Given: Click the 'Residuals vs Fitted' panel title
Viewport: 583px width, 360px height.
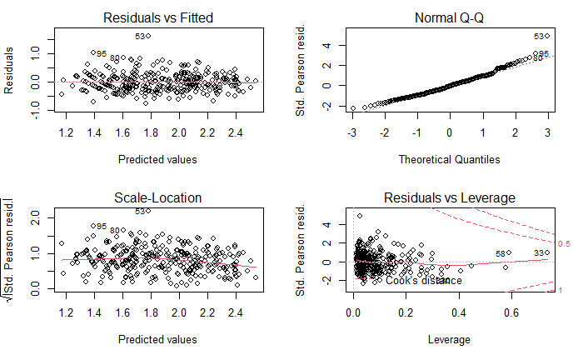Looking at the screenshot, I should point(157,17).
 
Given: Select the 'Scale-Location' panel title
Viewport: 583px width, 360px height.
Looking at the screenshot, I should point(157,197).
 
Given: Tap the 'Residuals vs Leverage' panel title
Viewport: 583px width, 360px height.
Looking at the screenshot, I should point(451,197).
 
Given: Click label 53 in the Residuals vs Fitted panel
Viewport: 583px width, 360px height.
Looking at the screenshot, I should point(141,37).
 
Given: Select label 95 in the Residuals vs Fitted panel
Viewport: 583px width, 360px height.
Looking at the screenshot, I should point(101,53).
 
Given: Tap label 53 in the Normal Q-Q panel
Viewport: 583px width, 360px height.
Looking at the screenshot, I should point(539,37).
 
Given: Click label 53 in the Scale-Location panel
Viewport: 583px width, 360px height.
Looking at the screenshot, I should point(141,212).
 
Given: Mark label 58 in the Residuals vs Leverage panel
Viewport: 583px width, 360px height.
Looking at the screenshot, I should point(501,253).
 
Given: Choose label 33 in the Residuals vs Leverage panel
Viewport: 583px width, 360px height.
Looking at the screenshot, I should point(539,253).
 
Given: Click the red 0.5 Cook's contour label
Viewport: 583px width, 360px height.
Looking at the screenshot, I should point(563,243).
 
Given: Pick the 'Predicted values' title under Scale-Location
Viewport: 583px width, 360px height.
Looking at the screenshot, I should point(157,339).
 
